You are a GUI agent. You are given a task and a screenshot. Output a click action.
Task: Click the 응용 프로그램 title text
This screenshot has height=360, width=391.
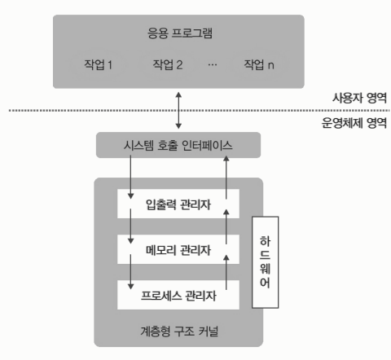pyautogui.click(x=180, y=33)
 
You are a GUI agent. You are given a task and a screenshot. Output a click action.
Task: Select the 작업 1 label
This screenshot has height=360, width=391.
pyautogui.click(x=98, y=64)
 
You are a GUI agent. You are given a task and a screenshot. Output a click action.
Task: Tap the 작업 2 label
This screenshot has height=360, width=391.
pyautogui.click(x=168, y=64)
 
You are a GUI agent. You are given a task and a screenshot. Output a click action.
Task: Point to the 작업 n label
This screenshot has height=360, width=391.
pyautogui.click(x=259, y=64)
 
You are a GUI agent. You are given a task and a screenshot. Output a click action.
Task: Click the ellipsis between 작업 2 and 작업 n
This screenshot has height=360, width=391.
pyautogui.click(x=213, y=64)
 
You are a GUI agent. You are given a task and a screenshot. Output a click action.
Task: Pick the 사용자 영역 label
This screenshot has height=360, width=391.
pyautogui.click(x=359, y=98)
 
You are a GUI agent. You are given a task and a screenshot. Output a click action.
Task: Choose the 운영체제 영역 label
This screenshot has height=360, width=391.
pyautogui.click(x=354, y=123)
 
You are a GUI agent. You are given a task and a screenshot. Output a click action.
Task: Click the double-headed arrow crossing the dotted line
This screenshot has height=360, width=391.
pyautogui.click(x=178, y=110)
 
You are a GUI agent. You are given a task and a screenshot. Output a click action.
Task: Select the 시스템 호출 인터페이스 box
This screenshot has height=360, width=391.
pyautogui.click(x=178, y=145)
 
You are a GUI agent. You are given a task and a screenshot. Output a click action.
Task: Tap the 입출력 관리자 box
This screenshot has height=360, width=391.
pyautogui.click(x=178, y=204)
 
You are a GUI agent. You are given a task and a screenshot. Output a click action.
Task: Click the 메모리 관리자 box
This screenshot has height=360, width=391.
pyautogui.click(x=178, y=249)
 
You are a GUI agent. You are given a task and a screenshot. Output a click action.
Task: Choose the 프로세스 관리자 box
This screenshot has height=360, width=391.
pyautogui.click(x=178, y=295)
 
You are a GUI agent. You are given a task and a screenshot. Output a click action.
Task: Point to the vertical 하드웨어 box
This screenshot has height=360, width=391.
pyautogui.click(x=266, y=262)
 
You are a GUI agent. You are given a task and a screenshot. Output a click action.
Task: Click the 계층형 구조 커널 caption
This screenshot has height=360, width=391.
pyautogui.click(x=179, y=331)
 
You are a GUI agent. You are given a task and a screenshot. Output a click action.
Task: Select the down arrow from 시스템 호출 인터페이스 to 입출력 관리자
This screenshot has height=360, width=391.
pyautogui.click(x=130, y=177)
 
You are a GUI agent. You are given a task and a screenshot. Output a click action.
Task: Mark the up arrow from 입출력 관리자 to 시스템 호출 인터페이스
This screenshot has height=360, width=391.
pyautogui.click(x=226, y=177)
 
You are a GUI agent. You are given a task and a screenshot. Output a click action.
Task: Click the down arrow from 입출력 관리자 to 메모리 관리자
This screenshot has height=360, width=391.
pyautogui.click(x=130, y=226)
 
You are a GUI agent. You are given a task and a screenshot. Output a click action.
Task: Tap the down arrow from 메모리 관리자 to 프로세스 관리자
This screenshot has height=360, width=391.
pyautogui.click(x=130, y=272)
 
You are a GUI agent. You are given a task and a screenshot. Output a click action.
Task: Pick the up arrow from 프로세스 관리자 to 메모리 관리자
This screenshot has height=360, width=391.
pyautogui.click(x=226, y=272)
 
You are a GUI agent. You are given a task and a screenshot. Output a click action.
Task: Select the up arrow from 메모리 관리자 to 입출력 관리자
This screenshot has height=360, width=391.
pyautogui.click(x=226, y=226)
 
